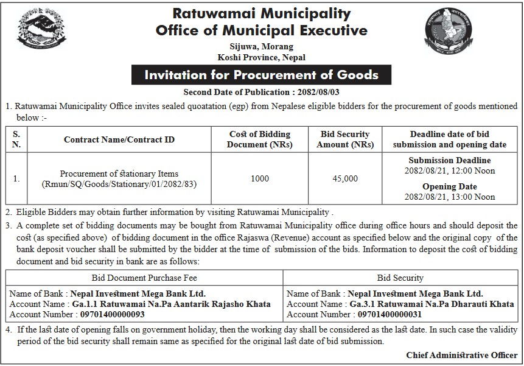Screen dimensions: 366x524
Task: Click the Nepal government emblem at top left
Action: coord(41,31)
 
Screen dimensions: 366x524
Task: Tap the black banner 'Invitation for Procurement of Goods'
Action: coord(261,75)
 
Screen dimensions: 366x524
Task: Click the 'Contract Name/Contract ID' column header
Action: coord(119,139)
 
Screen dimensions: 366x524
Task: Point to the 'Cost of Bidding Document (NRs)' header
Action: coord(260,139)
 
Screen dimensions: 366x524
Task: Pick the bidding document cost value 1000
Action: coord(260,179)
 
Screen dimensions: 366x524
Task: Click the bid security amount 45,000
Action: coord(345,179)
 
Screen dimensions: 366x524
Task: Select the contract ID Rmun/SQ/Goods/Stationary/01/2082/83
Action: coord(119,184)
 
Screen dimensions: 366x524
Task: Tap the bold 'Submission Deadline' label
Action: coord(450,160)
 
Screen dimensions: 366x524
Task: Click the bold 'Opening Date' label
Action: coord(450,186)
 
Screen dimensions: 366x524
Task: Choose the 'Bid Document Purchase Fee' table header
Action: coord(144,278)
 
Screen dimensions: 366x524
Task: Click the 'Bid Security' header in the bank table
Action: coord(400,278)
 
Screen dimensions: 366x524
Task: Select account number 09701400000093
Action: coord(113,315)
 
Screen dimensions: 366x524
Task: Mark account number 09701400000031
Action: coord(390,315)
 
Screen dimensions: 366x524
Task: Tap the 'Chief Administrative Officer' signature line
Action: coord(462,355)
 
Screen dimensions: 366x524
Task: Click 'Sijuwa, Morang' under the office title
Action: coord(262,46)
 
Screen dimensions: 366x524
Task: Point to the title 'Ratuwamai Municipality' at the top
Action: coord(262,13)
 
